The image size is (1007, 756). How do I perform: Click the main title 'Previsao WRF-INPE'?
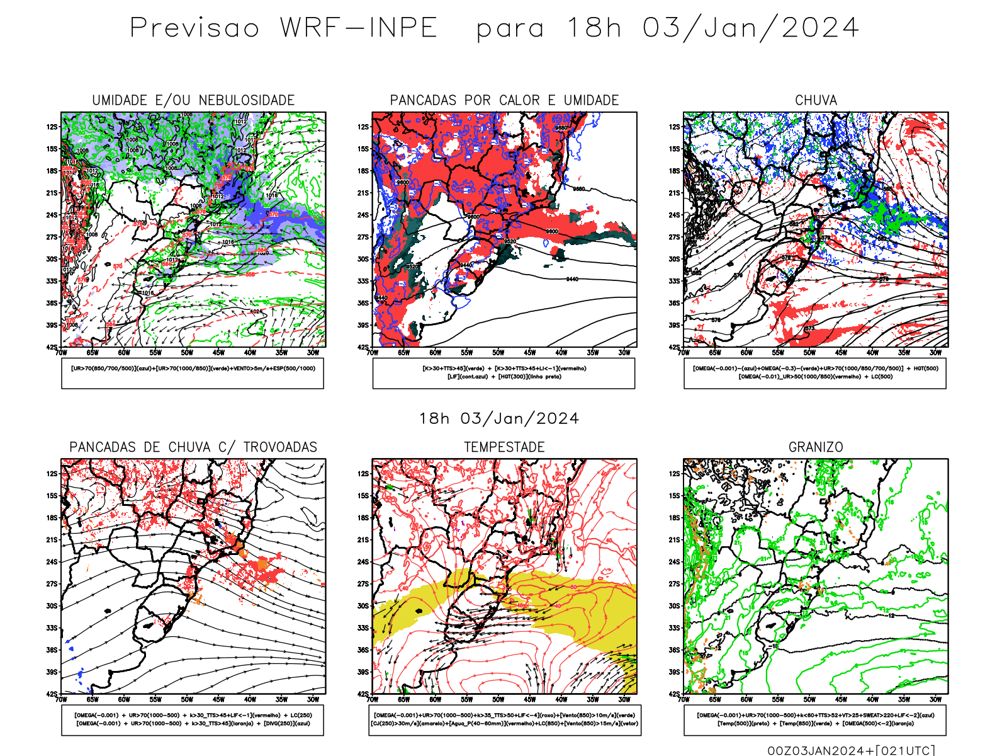pyautogui.click(x=283, y=28)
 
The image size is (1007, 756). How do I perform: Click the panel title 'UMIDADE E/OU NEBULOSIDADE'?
pyautogui.click(x=193, y=100)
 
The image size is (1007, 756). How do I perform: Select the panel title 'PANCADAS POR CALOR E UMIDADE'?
pyautogui.click(x=504, y=100)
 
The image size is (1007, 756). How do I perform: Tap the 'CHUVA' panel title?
pyautogui.click(x=816, y=100)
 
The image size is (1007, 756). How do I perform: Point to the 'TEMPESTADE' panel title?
pyautogui.click(x=504, y=447)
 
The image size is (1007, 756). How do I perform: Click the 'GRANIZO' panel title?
pyautogui.click(x=816, y=447)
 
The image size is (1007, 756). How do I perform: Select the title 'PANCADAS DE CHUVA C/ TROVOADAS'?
pyautogui.click(x=193, y=447)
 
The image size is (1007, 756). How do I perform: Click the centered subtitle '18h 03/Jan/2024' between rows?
pyautogui.click(x=499, y=419)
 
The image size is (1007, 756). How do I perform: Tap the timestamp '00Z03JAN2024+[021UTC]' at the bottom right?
pyautogui.click(x=851, y=750)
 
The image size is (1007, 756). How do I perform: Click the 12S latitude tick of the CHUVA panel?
pyautogui.click(x=674, y=127)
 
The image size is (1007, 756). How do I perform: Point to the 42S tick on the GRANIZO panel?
pyautogui.click(x=674, y=694)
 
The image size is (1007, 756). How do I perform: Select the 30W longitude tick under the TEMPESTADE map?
pyautogui.click(x=624, y=699)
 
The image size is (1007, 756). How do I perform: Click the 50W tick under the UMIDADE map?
pyautogui.click(x=187, y=353)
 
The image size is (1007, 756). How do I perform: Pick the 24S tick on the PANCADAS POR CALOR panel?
pyautogui.click(x=363, y=215)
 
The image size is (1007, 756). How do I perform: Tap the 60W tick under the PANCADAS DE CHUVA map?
pyautogui.click(x=124, y=699)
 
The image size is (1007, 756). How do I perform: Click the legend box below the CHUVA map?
pyautogui.click(x=815, y=373)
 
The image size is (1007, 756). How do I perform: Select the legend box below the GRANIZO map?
pyautogui.click(x=815, y=719)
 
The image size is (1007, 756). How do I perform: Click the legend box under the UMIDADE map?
pyautogui.click(x=193, y=373)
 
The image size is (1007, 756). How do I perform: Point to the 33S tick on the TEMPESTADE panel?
pyautogui.click(x=363, y=628)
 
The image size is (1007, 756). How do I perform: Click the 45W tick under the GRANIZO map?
pyautogui.click(x=841, y=699)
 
